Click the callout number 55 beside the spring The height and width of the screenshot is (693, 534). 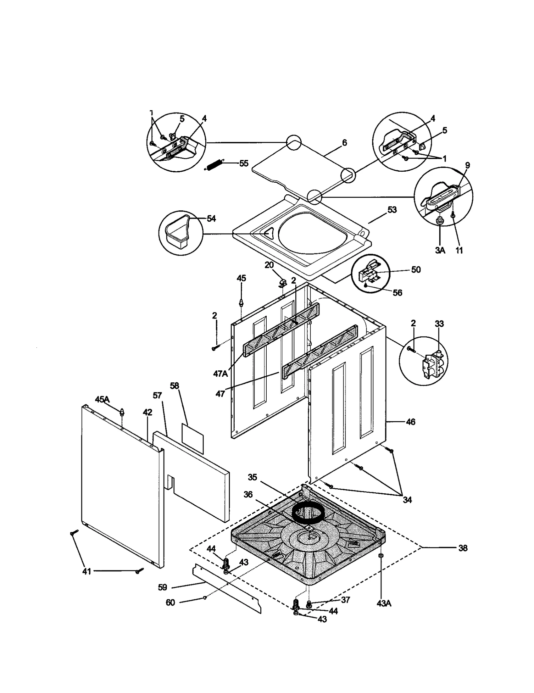pos(244,163)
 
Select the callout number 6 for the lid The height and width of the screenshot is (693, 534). pos(344,143)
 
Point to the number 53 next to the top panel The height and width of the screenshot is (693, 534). pos(392,210)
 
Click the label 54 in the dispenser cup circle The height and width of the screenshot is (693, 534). pos(211,218)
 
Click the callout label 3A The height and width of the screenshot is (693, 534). pos(440,250)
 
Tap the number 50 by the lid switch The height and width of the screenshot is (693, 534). pos(416,270)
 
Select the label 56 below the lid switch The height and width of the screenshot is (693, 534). pos(397,293)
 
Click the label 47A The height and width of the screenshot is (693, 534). pos(220,374)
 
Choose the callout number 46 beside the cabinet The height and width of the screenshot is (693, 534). pos(411,422)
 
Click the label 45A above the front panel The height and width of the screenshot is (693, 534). pos(102,399)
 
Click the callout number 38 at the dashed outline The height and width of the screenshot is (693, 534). pos(463,548)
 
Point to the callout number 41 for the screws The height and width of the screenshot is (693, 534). pos(86,572)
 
